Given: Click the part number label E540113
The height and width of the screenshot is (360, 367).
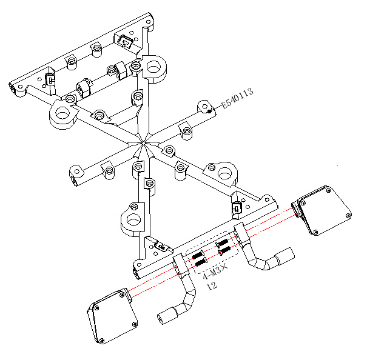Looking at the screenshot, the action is (237, 98).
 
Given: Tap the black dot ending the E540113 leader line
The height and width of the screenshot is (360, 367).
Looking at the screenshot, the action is (209, 112).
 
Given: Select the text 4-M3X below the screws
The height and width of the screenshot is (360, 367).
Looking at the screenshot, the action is (215, 272).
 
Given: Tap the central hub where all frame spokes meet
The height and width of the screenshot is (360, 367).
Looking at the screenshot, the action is (143, 143).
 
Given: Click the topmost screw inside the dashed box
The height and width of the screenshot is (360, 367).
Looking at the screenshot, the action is (222, 242).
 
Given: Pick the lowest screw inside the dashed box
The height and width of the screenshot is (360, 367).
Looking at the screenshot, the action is (201, 262).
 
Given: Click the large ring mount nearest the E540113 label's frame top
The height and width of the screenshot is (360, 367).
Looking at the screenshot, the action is (153, 68).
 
